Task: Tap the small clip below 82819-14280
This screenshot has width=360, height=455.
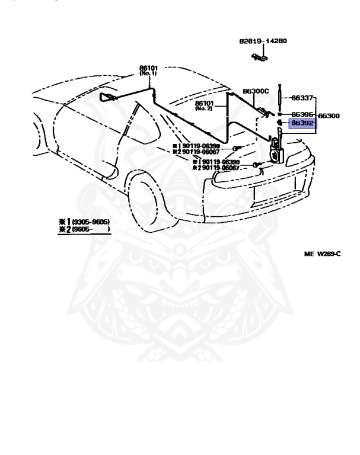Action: (x=259, y=57)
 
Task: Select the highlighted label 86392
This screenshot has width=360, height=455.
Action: (x=302, y=124)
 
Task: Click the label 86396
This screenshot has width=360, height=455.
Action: (x=302, y=114)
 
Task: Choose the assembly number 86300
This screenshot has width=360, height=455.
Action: (x=329, y=116)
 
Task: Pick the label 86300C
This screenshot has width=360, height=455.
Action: (x=256, y=91)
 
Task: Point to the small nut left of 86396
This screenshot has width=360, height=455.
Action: (x=279, y=114)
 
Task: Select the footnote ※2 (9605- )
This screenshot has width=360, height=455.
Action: (x=84, y=229)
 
